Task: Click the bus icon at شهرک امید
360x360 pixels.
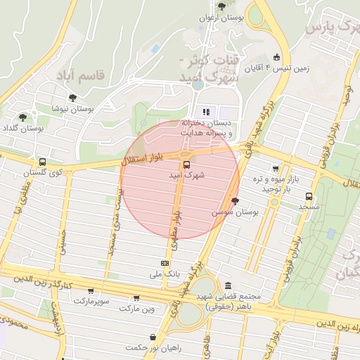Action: (186, 165)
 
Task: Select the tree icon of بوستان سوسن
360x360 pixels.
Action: (234, 200)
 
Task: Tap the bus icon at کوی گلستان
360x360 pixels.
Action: (43, 162)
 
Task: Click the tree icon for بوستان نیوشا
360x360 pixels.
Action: (72, 98)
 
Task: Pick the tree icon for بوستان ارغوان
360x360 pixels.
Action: (222, 6)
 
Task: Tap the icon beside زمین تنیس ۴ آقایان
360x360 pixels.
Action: (277, 58)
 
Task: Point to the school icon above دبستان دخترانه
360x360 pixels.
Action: (206, 111)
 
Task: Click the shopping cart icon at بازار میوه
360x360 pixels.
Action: (276, 169)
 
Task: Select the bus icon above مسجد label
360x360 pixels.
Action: (309, 196)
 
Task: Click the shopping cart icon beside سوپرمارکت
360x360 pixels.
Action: (90, 290)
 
